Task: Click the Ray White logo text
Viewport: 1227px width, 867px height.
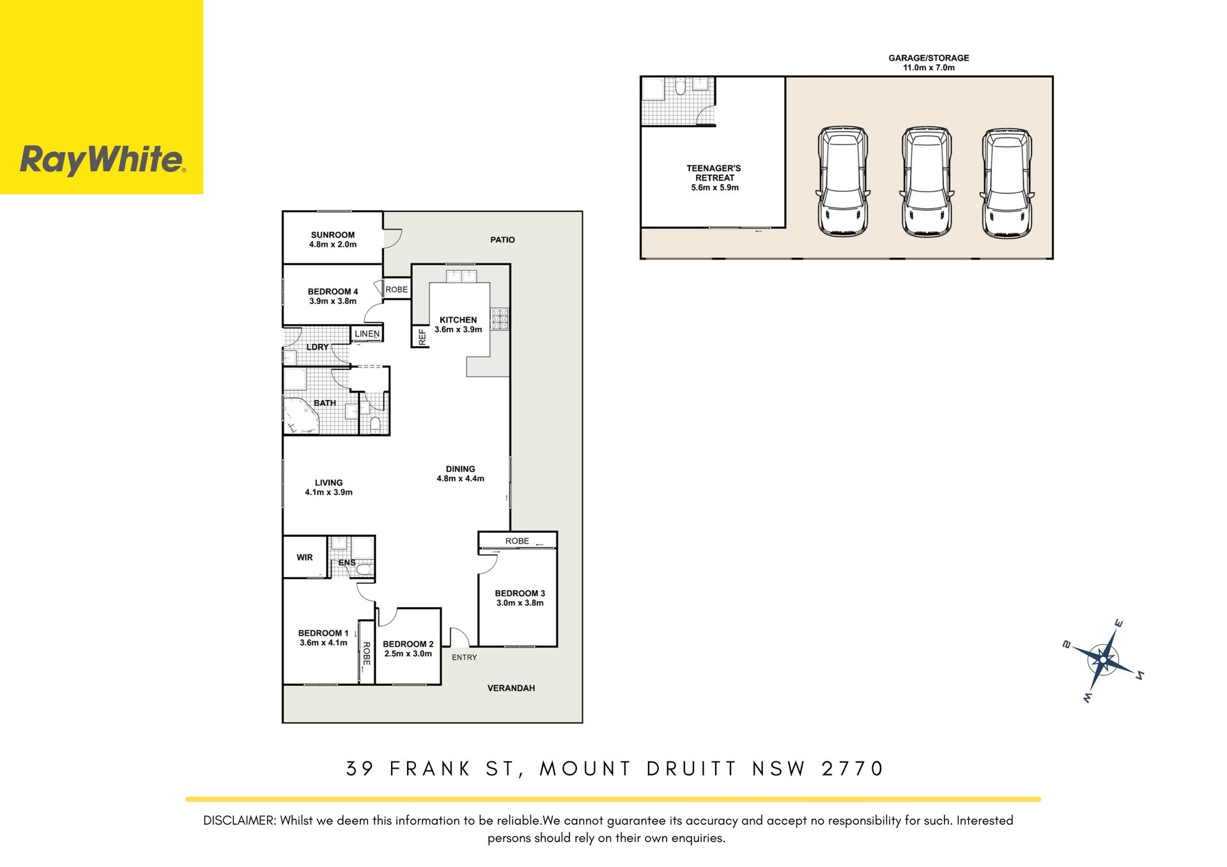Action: coord(103,160)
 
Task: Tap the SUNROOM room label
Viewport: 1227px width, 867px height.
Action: coord(333,235)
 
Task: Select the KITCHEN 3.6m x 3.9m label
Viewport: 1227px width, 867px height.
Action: coord(458,325)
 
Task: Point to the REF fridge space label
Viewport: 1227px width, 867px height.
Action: coord(422,337)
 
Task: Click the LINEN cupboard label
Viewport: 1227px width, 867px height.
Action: coord(367,334)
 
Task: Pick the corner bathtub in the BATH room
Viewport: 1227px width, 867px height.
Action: coord(300,416)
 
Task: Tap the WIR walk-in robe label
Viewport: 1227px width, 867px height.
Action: coord(305,558)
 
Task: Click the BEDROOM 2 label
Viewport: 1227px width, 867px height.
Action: coord(408,644)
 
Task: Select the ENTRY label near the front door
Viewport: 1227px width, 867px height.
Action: coord(465,657)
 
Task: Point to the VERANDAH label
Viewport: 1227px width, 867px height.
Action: coord(511,688)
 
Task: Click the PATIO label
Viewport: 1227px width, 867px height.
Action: coord(502,240)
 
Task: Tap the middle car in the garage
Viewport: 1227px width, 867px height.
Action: coord(926,182)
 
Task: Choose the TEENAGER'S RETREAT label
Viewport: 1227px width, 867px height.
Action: coord(714,173)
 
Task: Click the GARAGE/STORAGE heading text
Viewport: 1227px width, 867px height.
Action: coord(929,58)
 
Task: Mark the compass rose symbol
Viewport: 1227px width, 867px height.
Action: coord(1103,661)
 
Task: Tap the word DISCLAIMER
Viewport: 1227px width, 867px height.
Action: coord(239,820)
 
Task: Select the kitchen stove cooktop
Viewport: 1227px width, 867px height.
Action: coord(500,319)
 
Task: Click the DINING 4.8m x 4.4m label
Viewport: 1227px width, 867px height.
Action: coord(460,473)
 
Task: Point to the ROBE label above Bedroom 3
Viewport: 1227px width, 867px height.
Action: coord(517,541)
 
